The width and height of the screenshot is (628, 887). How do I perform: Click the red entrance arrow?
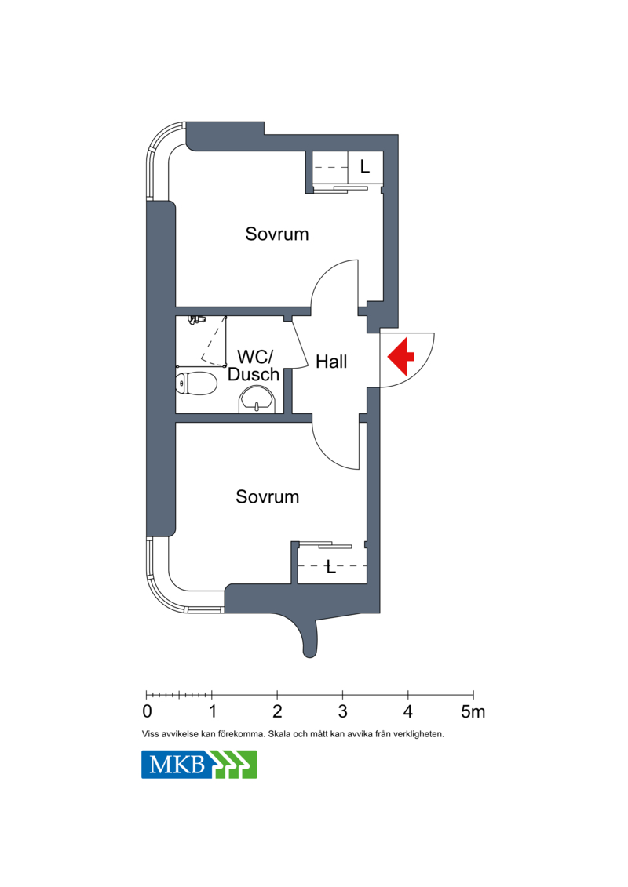[x=401, y=356]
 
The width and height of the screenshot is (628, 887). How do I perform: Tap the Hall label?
[x=331, y=362]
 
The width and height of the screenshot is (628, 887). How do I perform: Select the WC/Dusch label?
[x=253, y=365]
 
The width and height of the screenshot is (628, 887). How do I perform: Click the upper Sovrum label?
[x=277, y=234]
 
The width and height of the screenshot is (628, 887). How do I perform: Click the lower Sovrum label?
[x=267, y=496]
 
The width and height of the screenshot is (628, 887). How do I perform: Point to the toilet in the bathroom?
[x=196, y=384]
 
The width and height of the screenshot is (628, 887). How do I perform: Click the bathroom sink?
[x=258, y=400]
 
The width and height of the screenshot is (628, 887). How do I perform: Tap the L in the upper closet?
[x=365, y=166]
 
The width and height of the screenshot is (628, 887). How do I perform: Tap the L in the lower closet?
[x=331, y=567]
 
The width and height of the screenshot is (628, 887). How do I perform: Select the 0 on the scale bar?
[x=148, y=711]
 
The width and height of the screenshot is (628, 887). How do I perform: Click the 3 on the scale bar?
[x=342, y=711]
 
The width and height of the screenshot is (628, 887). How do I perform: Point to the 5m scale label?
[x=473, y=711]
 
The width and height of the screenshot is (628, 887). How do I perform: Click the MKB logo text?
[x=177, y=765]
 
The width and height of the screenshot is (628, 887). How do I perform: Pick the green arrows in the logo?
[x=235, y=764]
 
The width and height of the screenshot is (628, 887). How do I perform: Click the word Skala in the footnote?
[x=279, y=734]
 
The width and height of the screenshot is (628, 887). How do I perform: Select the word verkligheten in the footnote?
[x=421, y=734]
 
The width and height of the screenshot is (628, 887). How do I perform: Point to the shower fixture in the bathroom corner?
[x=196, y=320]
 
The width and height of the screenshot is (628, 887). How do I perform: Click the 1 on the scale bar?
[x=213, y=711]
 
